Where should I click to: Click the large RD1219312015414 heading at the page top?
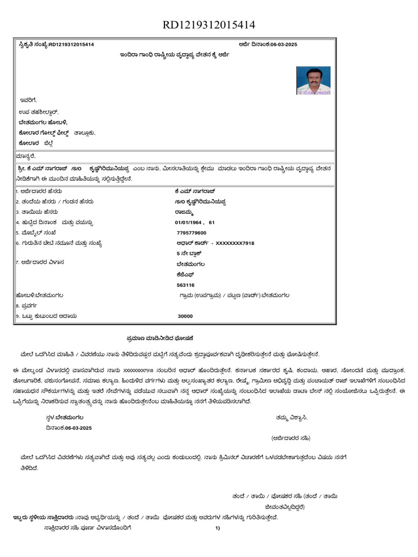[209, 25]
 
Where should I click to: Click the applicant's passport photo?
[313, 81]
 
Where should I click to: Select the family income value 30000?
[185, 316]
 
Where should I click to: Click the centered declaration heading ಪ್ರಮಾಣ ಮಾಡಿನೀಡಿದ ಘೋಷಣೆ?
[157, 338]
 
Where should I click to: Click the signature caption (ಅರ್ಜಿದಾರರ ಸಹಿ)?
[291, 438]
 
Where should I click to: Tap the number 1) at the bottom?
[217, 528]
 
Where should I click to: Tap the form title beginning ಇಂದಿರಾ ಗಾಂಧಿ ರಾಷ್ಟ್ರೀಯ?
[174, 55]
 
